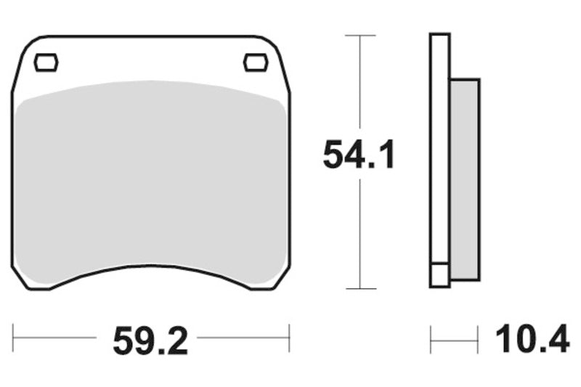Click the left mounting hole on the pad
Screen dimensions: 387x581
point(46,63)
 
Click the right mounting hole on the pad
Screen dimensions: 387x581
point(256,63)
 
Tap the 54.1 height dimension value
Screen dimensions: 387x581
point(359,155)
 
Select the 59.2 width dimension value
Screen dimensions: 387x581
point(150,340)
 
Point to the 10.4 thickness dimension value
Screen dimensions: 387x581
point(532,339)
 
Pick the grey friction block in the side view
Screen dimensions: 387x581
point(465,178)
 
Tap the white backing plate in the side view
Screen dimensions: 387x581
point(439,145)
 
